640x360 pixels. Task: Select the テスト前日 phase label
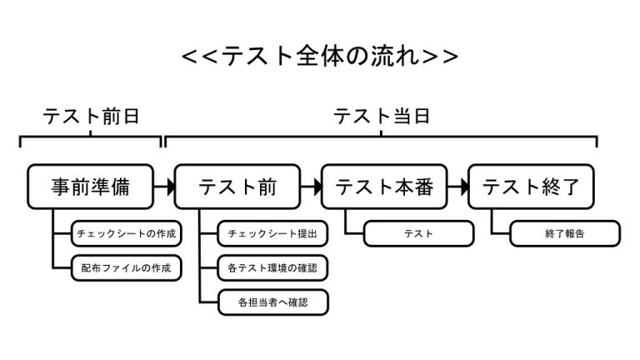pyautogui.click(x=91, y=116)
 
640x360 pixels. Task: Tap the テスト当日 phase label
pyautogui.click(x=382, y=116)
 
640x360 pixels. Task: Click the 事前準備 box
pyautogui.click(x=90, y=187)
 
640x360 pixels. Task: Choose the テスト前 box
pyautogui.click(x=237, y=187)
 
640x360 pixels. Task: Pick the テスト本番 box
pyautogui.click(x=384, y=187)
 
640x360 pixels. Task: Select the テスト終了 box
pyautogui.click(x=531, y=187)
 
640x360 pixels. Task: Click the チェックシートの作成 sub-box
pyautogui.click(x=126, y=233)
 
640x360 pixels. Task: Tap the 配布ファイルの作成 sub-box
pyautogui.click(x=126, y=268)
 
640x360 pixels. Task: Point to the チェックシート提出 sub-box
pyautogui.click(x=272, y=233)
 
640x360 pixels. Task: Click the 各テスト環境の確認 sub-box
pyautogui.click(x=272, y=268)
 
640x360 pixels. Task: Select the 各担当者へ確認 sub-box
pyautogui.click(x=272, y=302)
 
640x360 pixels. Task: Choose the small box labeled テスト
pyautogui.click(x=418, y=233)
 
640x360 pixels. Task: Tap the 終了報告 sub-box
pyautogui.click(x=565, y=233)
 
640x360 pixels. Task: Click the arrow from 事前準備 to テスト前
pyautogui.click(x=163, y=187)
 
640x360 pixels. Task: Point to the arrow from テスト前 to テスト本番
pyautogui.click(x=311, y=187)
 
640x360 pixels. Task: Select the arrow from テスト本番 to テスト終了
pyautogui.click(x=457, y=187)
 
